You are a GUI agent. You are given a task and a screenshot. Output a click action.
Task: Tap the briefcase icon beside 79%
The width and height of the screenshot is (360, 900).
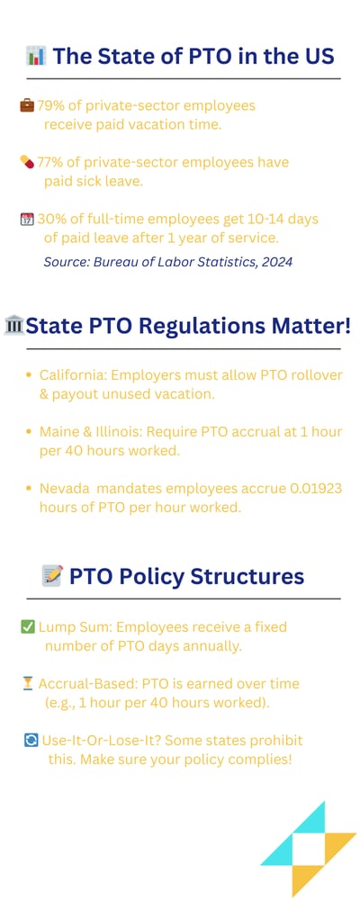pos(26,106)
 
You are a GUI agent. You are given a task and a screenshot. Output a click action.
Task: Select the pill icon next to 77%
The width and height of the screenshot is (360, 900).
pos(26,162)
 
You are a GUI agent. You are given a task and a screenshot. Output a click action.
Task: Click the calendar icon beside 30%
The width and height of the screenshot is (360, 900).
pos(26,220)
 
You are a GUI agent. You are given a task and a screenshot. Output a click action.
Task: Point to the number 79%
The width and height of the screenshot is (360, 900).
pos(51,106)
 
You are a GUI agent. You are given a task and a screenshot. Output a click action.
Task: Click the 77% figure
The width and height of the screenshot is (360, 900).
pos(51,162)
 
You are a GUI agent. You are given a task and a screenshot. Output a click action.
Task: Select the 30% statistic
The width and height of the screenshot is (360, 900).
pos(52,220)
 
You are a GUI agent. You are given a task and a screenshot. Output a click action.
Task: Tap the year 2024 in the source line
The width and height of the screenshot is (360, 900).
pos(274,263)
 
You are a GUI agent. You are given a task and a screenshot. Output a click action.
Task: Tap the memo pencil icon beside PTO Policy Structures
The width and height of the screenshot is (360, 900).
pos(52,576)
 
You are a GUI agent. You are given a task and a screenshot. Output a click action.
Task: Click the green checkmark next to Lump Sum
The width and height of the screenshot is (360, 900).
pos(26,626)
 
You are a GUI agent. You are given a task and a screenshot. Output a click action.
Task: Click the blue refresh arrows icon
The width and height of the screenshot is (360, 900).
pos(31,741)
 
